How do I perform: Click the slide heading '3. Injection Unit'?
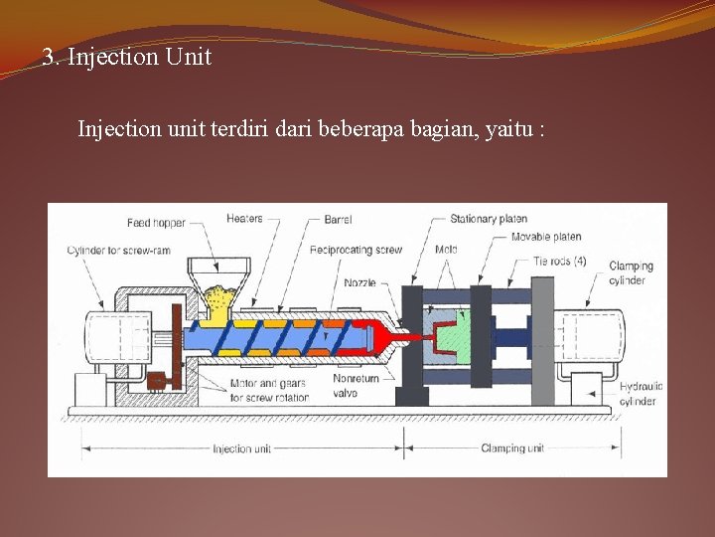coord(127,58)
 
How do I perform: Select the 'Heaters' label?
coord(244,219)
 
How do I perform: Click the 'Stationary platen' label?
coord(489,219)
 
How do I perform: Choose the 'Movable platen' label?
coord(545,237)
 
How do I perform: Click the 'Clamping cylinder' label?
coord(631,273)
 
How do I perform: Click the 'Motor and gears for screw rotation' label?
coord(268,391)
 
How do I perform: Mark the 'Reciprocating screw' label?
coord(356,250)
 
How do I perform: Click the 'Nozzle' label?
coord(360,282)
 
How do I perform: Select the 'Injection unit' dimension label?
coord(241,449)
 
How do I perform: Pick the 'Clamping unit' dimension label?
coord(512,448)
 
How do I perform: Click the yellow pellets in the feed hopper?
coord(217,293)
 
